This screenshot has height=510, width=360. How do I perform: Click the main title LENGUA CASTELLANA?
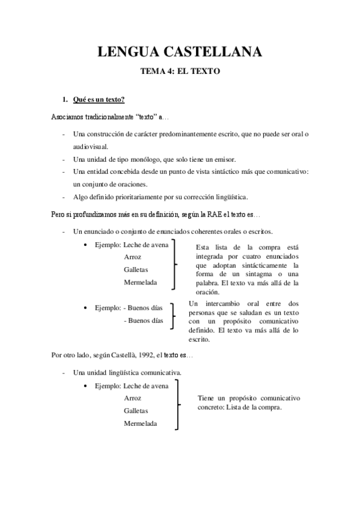coord(180,52)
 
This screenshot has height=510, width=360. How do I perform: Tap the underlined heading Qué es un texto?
coord(99,99)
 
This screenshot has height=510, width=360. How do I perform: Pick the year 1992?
coord(131,356)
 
